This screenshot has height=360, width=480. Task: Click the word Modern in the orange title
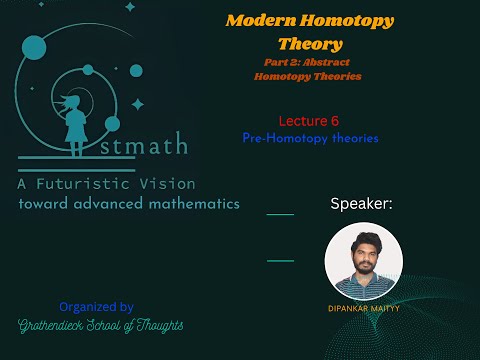[253, 20]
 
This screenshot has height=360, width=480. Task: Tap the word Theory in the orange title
[310, 44]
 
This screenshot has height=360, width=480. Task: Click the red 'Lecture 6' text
[309, 120]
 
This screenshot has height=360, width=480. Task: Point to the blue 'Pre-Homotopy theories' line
[310, 138]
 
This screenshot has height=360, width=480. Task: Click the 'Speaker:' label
[361, 204]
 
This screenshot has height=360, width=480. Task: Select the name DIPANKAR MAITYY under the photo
[363, 308]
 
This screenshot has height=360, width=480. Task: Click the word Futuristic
[106, 184]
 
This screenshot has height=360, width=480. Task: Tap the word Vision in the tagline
[174, 184]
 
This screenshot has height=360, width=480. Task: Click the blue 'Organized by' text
[96, 307]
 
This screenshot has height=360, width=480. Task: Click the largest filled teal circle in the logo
[34, 46]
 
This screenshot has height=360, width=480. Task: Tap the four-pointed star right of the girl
[137, 103]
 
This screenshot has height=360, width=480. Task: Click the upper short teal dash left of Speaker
[280, 214]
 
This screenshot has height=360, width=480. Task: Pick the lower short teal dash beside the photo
[280, 260]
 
